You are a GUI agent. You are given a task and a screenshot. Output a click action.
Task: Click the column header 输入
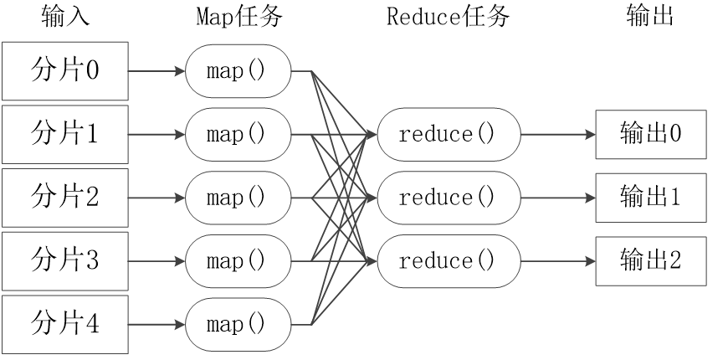[x=64, y=17]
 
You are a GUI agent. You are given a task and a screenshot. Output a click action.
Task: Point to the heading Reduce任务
[x=448, y=17]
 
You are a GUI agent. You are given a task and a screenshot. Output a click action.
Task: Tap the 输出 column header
[x=649, y=17]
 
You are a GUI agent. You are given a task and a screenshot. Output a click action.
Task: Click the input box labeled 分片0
[x=64, y=70]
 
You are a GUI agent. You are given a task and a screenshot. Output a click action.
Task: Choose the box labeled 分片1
[x=64, y=134]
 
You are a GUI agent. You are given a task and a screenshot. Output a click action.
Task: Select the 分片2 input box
[x=64, y=198]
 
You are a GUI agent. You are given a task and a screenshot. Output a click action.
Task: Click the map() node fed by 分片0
[x=238, y=70]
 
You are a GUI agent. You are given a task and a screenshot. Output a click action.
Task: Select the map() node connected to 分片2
[x=238, y=198]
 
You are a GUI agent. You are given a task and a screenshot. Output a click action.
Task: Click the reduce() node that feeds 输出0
[x=448, y=134]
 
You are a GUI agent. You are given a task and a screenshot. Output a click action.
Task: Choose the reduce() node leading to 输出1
[x=448, y=198]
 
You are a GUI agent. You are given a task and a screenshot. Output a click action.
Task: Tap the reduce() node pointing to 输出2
[x=448, y=261]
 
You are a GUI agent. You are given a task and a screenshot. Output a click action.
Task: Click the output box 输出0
[x=650, y=134]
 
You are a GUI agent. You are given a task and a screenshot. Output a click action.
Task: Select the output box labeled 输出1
[x=650, y=198]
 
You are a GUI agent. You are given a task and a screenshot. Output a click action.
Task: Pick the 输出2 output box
[x=650, y=261]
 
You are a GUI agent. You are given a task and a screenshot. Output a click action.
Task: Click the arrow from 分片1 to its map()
[x=156, y=134]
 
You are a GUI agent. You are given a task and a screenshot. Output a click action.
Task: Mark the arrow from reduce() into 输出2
[x=557, y=261]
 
